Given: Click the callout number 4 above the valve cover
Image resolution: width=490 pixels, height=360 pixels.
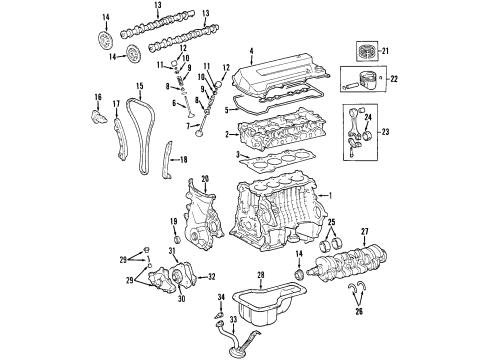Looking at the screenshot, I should click(252, 51).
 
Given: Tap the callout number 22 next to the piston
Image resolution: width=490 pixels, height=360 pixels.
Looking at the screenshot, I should click(393, 81).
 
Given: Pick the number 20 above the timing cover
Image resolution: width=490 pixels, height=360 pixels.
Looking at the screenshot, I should click(204, 179).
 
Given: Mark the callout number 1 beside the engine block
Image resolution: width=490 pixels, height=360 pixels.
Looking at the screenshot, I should click(333, 194).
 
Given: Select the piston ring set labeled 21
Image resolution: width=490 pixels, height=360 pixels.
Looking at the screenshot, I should click(361, 51).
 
